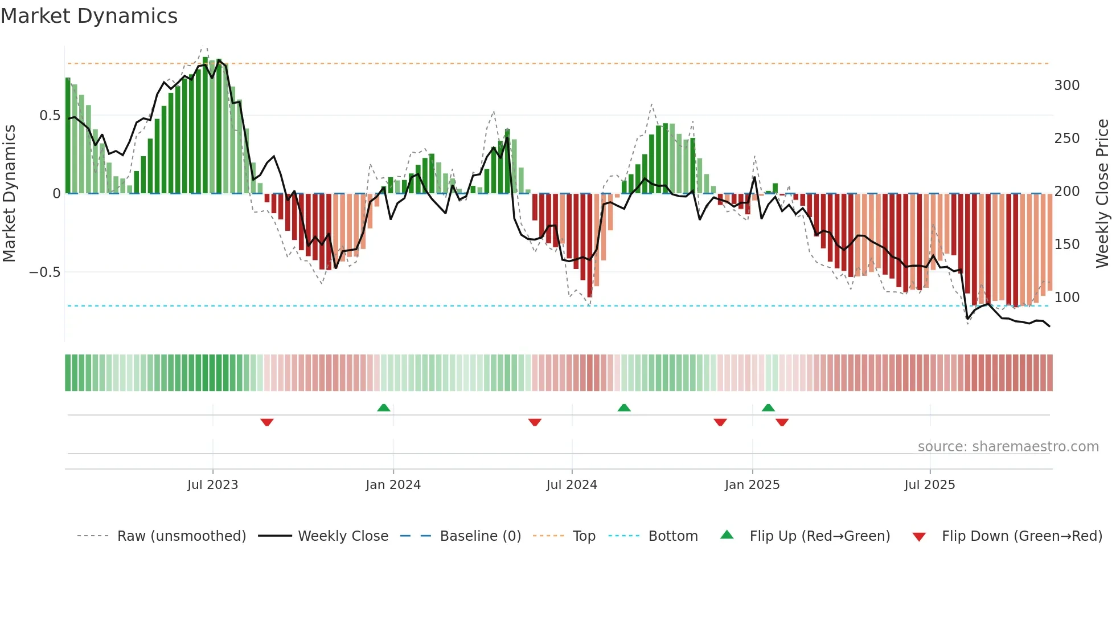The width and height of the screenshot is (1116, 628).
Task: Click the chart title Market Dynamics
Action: point(89,16)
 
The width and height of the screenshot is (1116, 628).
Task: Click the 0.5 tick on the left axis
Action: point(50,116)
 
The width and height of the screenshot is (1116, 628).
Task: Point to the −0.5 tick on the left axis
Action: point(44,272)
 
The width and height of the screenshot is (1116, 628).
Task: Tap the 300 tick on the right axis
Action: point(1066,85)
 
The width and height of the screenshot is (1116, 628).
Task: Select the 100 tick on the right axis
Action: point(1066,297)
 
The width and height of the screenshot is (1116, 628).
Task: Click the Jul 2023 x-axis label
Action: point(212,485)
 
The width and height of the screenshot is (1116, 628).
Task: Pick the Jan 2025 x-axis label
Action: point(752,485)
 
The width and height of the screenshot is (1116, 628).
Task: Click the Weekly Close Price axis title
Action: point(1102,194)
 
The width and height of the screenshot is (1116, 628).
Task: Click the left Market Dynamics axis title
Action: point(9,194)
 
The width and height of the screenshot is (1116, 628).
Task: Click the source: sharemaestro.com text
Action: point(1008,447)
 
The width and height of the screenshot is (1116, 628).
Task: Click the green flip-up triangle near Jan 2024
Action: point(384,407)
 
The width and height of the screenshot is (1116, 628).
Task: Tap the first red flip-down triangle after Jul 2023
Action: point(267,422)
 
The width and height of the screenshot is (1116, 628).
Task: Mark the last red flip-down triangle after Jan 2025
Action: point(782,422)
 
